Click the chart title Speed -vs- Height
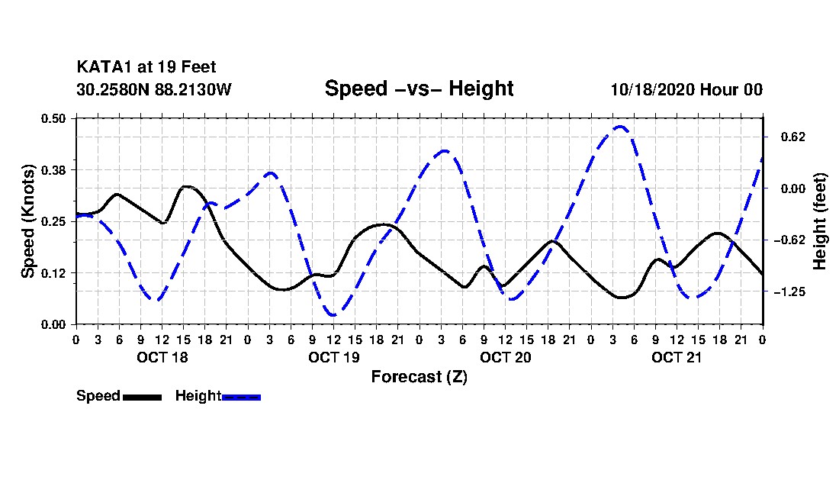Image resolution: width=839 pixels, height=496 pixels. pyautogui.click(x=419, y=89)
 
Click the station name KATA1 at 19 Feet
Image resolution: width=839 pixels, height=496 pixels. pyautogui.click(x=140, y=68)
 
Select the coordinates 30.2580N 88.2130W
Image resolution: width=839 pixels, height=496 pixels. pyautogui.click(x=153, y=89)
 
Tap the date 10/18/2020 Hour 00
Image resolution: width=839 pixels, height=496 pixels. pyautogui.click(x=686, y=89)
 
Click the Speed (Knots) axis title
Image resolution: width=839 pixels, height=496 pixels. pyautogui.click(x=28, y=221)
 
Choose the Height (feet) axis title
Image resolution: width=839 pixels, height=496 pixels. pyautogui.click(x=821, y=221)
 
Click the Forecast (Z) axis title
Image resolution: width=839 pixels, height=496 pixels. pyautogui.click(x=419, y=377)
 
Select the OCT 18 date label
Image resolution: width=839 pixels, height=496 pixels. pyautogui.click(x=162, y=357)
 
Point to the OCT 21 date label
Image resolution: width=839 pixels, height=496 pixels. pyautogui.click(x=677, y=357)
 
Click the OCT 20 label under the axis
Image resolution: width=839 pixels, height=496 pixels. pyautogui.click(x=505, y=357)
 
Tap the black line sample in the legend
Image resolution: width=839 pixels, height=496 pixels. pyautogui.click(x=142, y=397)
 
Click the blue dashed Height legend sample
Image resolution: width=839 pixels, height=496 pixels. pyautogui.click(x=241, y=397)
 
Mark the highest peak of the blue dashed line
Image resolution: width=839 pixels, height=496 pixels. pyautogui.click(x=620, y=127)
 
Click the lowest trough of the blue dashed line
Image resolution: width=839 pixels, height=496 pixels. pyautogui.click(x=333, y=314)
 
